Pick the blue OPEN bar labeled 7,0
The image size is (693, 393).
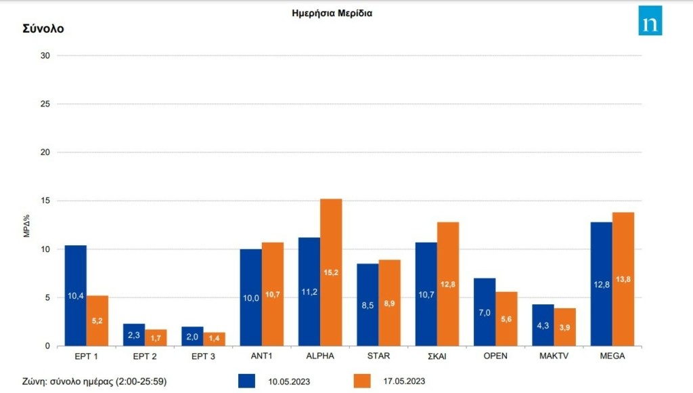pos(485,312)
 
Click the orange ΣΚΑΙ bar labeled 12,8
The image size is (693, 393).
pos(448,284)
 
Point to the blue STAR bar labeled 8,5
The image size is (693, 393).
pos(367,305)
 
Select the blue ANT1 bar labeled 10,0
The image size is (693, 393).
pos(250,297)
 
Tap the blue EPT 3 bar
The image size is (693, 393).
pos(192,336)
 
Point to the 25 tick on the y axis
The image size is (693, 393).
pos(45,104)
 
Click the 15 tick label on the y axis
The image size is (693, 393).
pos(45,201)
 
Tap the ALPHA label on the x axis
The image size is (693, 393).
pos(320,354)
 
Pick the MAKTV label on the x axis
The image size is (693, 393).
pos(554,354)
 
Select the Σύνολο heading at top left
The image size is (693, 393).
pos(43,29)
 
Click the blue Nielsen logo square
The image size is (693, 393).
pos(650,21)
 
